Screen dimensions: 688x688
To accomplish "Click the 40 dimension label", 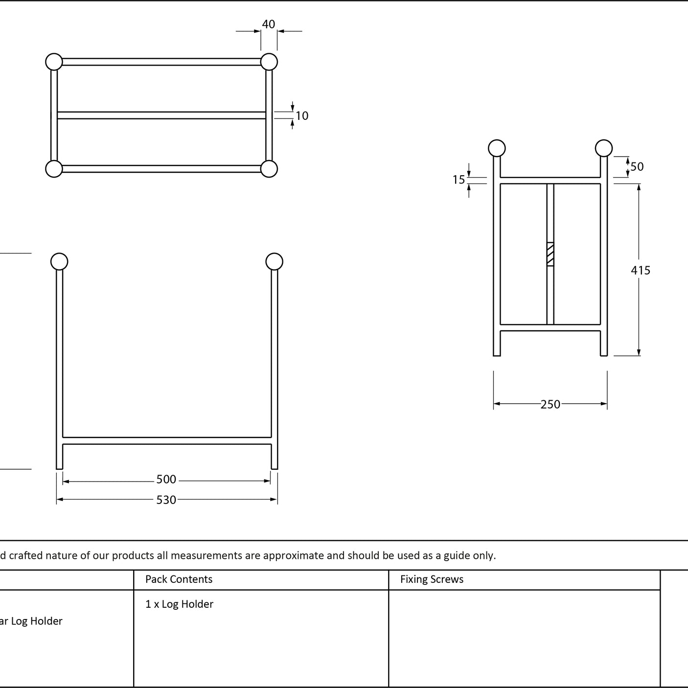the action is (269, 24).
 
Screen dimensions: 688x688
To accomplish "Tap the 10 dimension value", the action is (302, 115).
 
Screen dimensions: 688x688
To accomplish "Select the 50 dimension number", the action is (637, 167).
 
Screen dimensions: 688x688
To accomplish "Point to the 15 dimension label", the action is (459, 180).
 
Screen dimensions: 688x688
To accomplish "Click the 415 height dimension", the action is (641, 270).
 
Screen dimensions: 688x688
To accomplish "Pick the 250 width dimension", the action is (550, 404).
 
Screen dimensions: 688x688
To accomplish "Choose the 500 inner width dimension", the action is (166, 479).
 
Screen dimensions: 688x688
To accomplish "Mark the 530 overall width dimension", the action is (166, 500).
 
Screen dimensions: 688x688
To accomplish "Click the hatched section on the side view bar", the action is (550, 254).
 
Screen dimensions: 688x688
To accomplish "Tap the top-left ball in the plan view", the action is (54, 62).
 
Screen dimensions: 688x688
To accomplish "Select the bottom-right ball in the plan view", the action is (269, 169).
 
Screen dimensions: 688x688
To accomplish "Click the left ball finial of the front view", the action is (59, 262).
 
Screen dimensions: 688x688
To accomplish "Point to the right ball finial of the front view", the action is (274, 262).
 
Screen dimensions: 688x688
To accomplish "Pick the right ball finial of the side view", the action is (604, 148).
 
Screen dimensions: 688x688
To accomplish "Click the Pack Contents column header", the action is (179, 579).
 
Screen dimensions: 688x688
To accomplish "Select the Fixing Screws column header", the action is (432, 579).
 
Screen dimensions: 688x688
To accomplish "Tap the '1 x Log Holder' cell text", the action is (179, 604).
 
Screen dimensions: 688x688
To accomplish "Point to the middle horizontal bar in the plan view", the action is (161, 115).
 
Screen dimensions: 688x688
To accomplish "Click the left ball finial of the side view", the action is (497, 148).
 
